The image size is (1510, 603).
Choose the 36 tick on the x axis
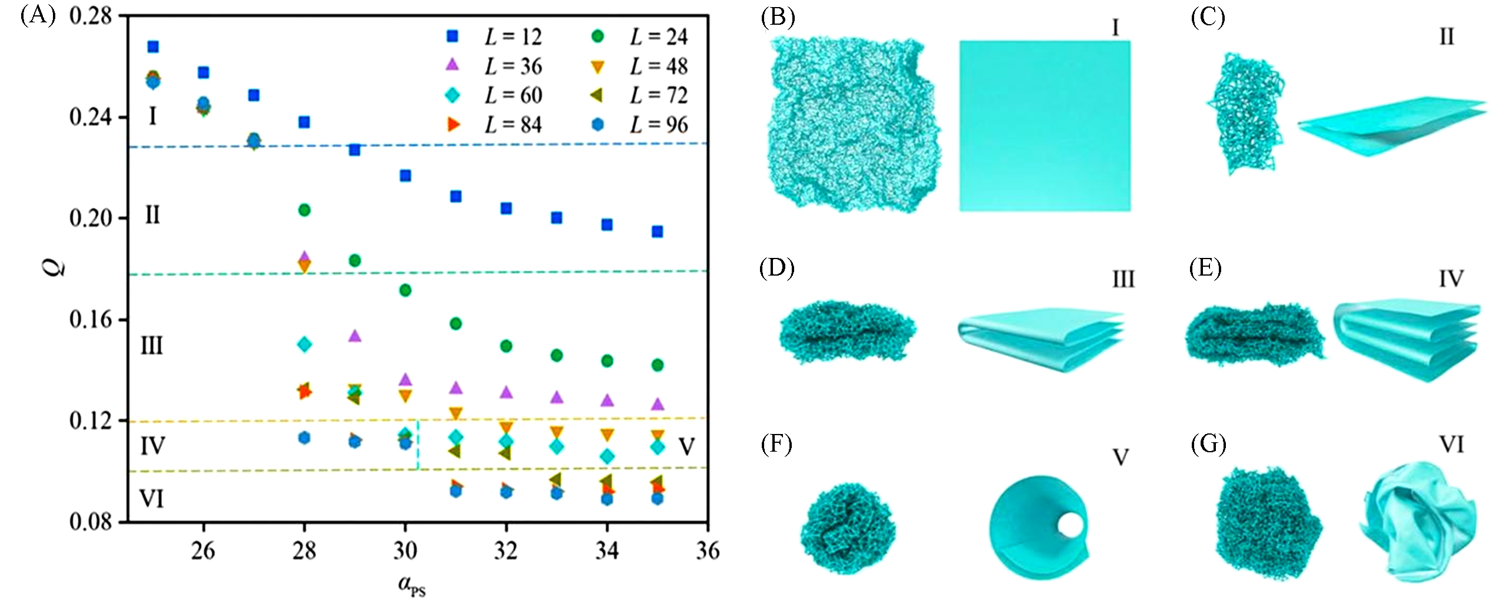[x=708, y=551]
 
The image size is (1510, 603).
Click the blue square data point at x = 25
[x=153, y=47]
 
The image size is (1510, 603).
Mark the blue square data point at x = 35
[x=658, y=231]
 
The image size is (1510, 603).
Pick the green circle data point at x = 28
[x=304, y=210]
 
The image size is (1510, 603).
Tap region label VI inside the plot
[x=151, y=499]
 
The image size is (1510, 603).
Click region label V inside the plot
[x=686, y=447]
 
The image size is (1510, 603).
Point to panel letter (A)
[x=38, y=15]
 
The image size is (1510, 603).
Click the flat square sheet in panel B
[x=1044, y=125]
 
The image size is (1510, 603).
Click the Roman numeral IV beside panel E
[x=1451, y=279]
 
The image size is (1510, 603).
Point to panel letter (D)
[x=776, y=269]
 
